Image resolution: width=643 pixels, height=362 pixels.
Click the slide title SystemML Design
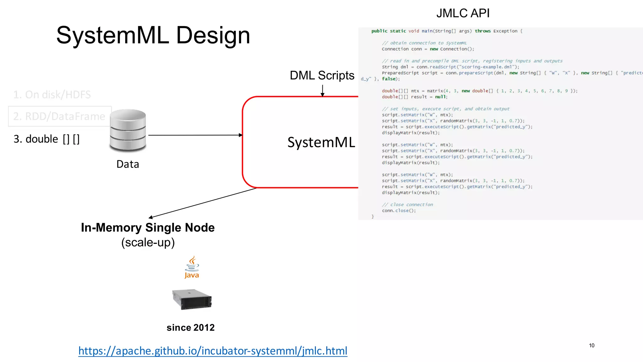click(153, 36)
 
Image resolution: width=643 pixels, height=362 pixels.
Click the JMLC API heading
click(463, 13)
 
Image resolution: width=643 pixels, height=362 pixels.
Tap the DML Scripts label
click(322, 75)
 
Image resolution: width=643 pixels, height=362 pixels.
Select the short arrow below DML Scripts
click(322, 90)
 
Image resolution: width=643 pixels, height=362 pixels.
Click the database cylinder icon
click(128, 130)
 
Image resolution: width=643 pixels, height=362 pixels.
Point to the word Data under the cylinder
click(127, 164)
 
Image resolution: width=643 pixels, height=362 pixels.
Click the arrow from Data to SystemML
click(195, 135)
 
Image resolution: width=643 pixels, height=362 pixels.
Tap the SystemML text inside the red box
click(321, 142)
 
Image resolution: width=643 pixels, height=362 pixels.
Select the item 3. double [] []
click(46, 139)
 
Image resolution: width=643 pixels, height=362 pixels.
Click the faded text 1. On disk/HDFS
click(52, 95)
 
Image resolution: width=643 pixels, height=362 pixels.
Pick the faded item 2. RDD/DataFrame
click(59, 116)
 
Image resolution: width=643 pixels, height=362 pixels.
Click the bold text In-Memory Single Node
click(148, 228)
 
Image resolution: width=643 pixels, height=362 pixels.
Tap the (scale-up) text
click(148, 242)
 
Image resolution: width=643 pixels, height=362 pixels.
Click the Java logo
click(192, 267)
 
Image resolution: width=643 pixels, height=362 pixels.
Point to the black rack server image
click(192, 299)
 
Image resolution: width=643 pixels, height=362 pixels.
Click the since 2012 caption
click(191, 327)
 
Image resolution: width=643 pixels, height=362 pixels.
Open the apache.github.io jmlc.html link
click(213, 351)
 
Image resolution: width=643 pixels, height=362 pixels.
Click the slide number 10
click(592, 345)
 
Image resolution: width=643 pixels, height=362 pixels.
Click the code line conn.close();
click(399, 211)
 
